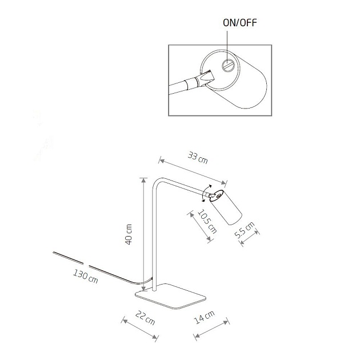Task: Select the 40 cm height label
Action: [130, 234]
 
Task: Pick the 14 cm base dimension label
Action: [206, 318]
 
